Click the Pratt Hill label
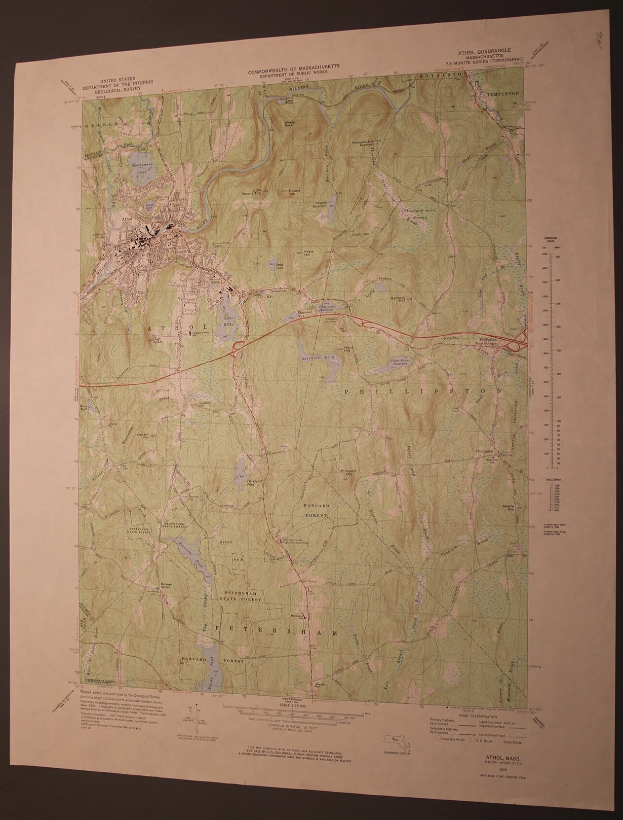click(309, 253)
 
